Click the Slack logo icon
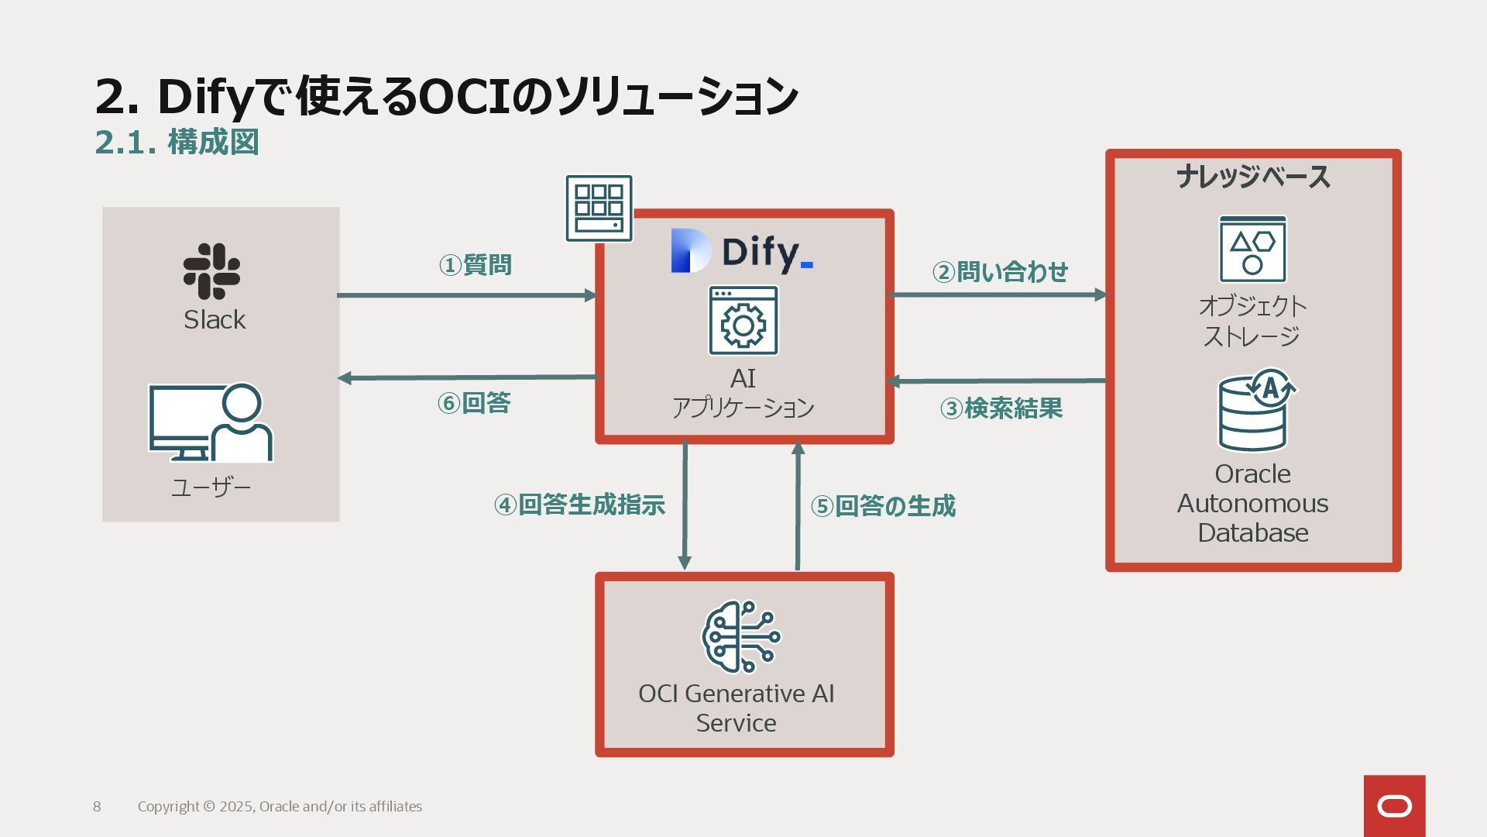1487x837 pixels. click(211, 271)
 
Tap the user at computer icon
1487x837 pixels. click(211, 422)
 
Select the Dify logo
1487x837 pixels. click(742, 252)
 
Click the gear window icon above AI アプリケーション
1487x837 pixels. click(743, 321)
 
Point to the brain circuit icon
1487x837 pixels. click(740, 637)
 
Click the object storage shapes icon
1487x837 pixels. click(1252, 250)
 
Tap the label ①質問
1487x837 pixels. click(475, 265)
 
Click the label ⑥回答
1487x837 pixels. click(474, 403)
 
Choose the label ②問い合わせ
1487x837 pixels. click(1000, 272)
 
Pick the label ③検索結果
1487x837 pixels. click(1001, 408)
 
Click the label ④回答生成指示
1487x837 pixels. click(579, 505)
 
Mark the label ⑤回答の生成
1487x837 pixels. click(883, 506)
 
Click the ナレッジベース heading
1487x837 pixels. click(1253, 177)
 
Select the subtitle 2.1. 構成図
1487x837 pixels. click(177, 142)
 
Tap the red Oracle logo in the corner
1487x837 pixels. click(1394, 806)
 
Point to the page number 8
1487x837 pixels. click(97, 807)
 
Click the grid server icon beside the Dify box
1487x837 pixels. click(599, 208)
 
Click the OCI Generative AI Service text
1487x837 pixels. click(736, 708)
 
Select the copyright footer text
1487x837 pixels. click(280, 807)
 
